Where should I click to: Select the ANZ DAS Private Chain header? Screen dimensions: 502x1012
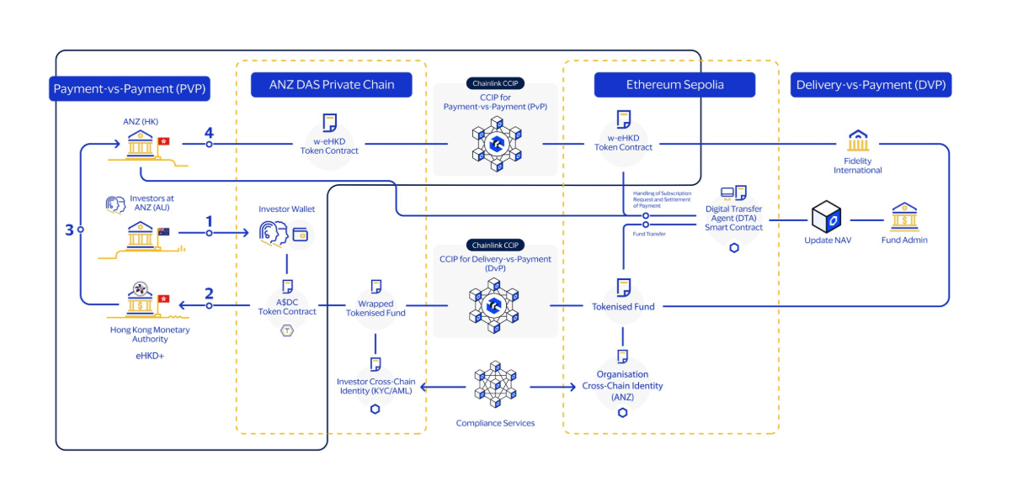333,85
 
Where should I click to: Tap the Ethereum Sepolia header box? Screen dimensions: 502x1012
674,85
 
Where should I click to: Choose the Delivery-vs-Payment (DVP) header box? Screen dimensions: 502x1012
871,85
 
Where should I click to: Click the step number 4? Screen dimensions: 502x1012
209,133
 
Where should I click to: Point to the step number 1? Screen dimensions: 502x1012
209,222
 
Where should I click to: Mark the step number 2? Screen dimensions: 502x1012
209,294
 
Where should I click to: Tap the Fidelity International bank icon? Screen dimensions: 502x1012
858,140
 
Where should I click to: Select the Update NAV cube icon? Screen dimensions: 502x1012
826,216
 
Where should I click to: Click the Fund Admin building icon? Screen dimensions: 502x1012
904,216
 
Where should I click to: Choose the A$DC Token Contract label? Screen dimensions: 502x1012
287,307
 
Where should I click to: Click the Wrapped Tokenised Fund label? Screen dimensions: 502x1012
376,308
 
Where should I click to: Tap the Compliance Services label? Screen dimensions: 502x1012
495,423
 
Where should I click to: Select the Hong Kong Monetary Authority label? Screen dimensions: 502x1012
150,334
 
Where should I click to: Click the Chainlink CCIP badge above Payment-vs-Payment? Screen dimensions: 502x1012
496,83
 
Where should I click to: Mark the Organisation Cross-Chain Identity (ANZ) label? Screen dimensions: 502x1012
622,386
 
